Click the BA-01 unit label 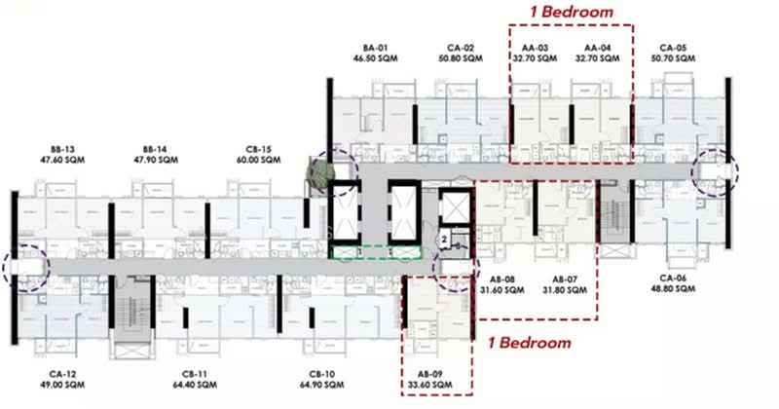coord(375,49)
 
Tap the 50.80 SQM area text coord(461,58)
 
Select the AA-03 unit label coord(535,49)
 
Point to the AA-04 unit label coord(598,49)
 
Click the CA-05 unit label coord(673,49)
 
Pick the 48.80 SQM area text coord(673,289)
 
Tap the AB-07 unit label coord(565,279)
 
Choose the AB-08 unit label coord(502,279)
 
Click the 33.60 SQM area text coord(430,385)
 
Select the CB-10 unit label coord(322,374)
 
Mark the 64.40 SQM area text coord(195,385)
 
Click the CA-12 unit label coord(62,374)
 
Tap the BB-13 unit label coord(62,150)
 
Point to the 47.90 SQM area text coord(156,160)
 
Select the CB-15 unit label coord(259,150)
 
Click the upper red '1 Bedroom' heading coord(572,12)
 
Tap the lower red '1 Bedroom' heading coord(530,343)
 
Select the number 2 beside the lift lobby coord(444,240)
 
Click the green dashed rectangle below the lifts coord(377,246)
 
